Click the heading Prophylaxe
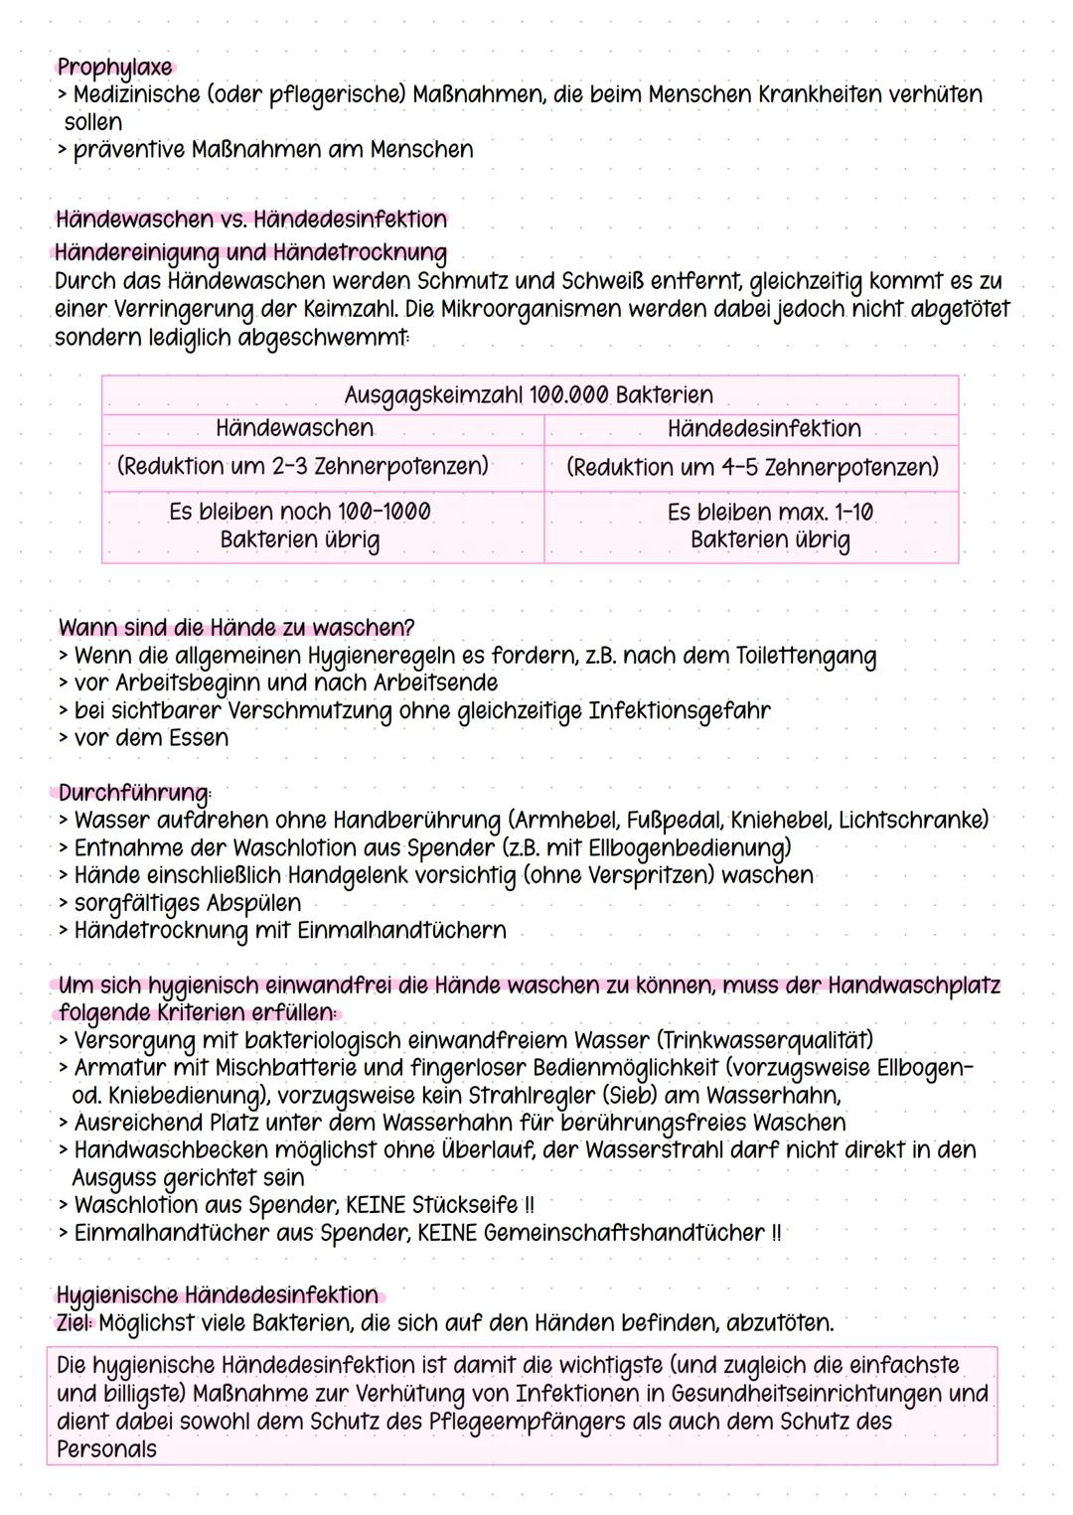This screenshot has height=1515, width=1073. (114, 68)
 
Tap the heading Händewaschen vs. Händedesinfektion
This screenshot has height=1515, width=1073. (251, 219)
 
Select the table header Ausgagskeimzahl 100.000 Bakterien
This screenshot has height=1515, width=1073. (529, 395)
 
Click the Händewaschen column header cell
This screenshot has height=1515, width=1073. (294, 428)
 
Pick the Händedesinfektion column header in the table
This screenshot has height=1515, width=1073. (764, 429)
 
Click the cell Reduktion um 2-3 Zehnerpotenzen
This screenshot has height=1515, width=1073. (302, 466)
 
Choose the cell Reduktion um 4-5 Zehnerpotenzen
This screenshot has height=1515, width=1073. (752, 467)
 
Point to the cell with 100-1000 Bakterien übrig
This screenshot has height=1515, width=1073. (299, 526)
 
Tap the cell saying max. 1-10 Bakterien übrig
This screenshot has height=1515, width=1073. (770, 526)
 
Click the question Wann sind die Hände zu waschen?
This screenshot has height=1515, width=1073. (236, 628)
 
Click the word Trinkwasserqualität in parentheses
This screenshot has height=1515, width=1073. (765, 1040)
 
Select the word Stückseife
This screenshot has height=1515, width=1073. (465, 1205)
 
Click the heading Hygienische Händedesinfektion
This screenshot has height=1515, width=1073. (218, 1295)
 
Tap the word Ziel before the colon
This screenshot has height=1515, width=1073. (74, 1323)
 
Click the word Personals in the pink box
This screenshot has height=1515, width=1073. (106, 1449)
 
